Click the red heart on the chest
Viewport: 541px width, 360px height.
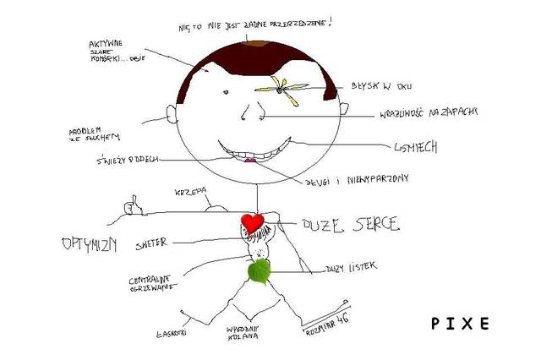click(251, 222)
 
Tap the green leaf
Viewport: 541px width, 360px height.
click(259, 271)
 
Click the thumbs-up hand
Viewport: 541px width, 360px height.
click(133, 205)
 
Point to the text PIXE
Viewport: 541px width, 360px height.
click(460, 324)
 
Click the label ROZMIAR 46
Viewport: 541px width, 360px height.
click(325, 326)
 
